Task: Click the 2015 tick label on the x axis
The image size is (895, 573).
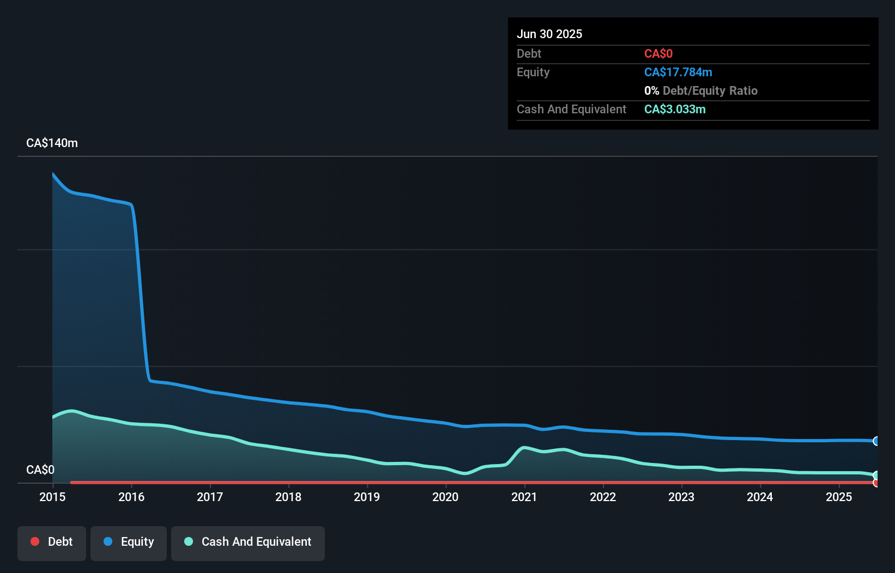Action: [52, 497]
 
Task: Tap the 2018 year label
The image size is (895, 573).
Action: [288, 497]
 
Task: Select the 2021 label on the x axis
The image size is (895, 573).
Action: [524, 497]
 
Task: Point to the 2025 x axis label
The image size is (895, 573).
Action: [838, 497]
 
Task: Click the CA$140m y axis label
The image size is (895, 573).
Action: [52, 143]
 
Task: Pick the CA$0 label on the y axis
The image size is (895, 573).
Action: [40, 470]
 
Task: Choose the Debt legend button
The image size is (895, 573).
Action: [52, 542]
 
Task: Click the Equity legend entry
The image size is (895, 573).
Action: [129, 542]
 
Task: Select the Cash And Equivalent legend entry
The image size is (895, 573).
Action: [248, 542]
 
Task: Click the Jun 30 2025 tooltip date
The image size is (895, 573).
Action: [549, 34]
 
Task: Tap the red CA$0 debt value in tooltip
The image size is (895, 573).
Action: [658, 53]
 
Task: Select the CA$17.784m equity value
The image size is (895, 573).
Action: [678, 72]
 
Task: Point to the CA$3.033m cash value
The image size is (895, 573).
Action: [675, 109]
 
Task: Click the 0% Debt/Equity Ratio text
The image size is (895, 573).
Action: [700, 90]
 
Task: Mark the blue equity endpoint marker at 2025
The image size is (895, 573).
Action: [876, 441]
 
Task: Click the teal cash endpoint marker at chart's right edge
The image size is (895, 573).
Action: [876, 476]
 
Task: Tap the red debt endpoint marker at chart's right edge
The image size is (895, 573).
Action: [876, 483]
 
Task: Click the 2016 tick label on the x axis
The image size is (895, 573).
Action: [131, 497]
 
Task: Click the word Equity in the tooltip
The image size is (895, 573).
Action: [533, 72]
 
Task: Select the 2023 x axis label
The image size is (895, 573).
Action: [681, 497]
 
